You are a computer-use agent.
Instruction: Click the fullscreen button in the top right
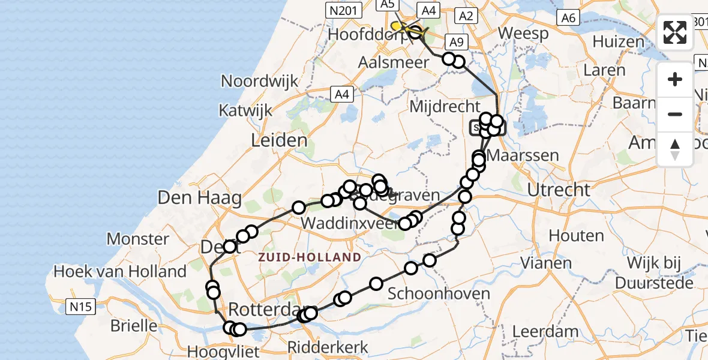point(675,32)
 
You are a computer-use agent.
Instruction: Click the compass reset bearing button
point(675,149)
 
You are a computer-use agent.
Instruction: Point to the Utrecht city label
point(559,190)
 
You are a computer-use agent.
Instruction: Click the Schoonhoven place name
point(439,294)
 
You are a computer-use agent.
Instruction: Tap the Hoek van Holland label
point(120,271)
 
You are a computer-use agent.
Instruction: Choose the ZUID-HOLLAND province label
point(310,257)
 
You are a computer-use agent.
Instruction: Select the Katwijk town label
point(245,110)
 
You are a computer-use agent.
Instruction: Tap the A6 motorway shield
point(568,18)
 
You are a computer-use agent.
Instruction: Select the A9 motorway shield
point(457,42)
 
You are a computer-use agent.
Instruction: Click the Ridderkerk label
point(328,347)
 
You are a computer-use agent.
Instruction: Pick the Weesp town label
point(523,33)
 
